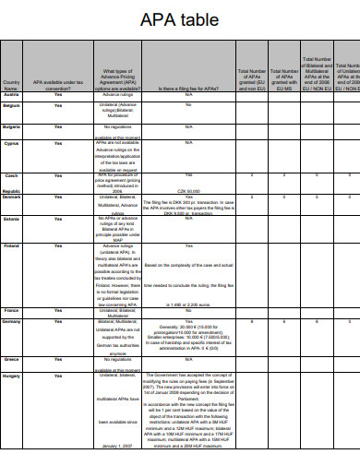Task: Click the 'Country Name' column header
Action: (11, 85)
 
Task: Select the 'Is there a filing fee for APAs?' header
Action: (188, 88)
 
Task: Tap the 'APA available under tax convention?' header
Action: (58, 85)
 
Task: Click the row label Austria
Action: (12, 94)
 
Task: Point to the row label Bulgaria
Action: (12, 125)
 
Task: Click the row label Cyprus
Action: (12, 143)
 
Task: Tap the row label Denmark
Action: (12, 197)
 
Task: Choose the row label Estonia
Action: (12, 218)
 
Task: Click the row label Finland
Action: (12, 246)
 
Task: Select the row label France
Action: (12, 310)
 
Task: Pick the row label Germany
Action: (12, 320)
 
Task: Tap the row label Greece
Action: (12, 358)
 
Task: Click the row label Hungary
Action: (12, 376)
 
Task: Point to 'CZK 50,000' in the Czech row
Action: (188, 190)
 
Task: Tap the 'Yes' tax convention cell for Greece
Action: (58, 358)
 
